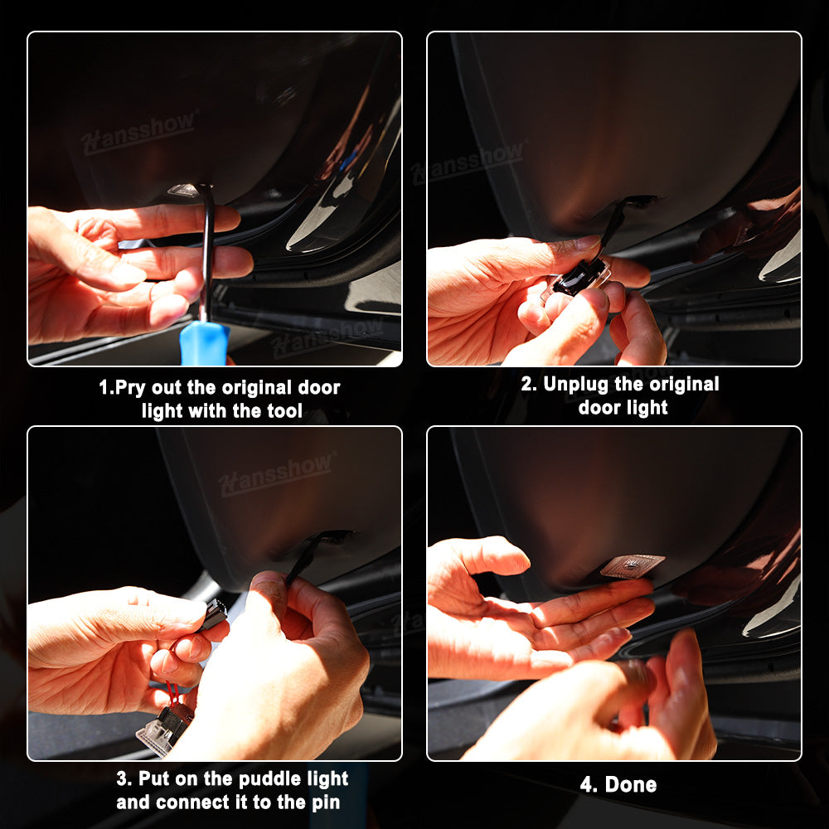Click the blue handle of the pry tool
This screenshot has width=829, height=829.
point(204,343)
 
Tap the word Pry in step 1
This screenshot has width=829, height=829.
point(129,387)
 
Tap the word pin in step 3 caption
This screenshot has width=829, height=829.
point(326,802)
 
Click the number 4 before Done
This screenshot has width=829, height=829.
point(588,784)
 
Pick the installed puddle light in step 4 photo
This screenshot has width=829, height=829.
point(633,565)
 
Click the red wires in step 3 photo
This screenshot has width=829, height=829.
point(172,692)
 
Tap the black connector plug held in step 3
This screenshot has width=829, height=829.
point(214,614)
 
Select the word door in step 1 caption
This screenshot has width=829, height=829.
point(319,387)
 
